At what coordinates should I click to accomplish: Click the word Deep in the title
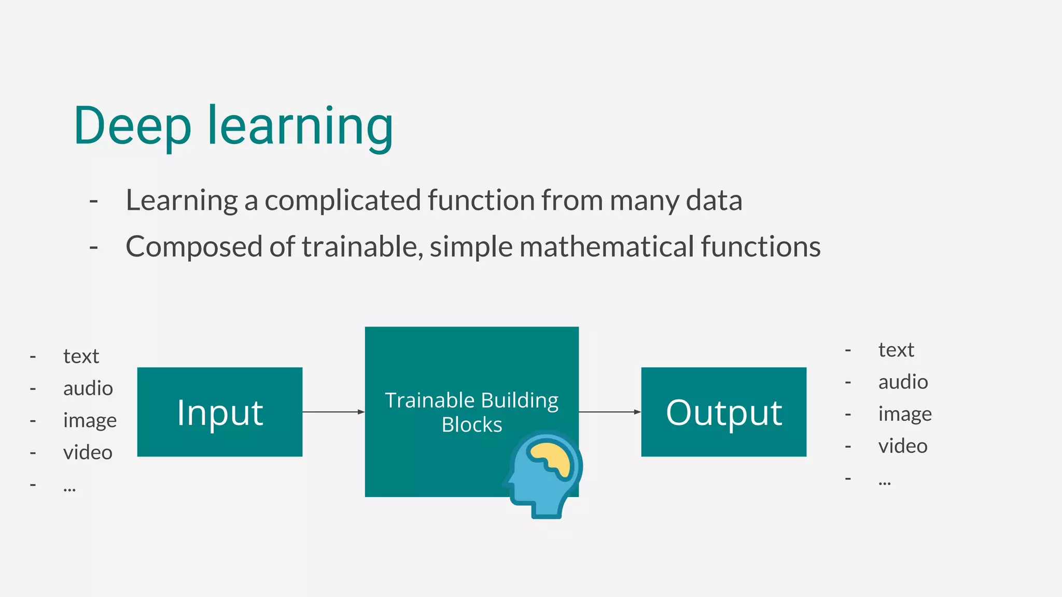[x=132, y=126]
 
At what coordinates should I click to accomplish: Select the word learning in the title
[x=300, y=126]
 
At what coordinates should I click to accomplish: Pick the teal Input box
[x=220, y=412]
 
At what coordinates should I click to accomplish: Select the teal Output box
[x=724, y=412]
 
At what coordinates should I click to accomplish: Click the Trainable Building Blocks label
[x=472, y=412]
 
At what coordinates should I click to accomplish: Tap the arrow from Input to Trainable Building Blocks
[x=333, y=412]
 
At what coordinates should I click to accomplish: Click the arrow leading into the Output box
[x=610, y=412]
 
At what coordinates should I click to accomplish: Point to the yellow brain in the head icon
[x=551, y=458]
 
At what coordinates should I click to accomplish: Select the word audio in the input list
[x=88, y=389]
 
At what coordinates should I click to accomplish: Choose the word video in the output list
[x=903, y=446]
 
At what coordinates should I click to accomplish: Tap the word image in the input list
[x=90, y=421]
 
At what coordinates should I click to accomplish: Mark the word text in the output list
[x=896, y=350]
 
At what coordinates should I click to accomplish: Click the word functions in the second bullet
[x=761, y=247]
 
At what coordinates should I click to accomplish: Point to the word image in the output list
[x=905, y=415]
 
